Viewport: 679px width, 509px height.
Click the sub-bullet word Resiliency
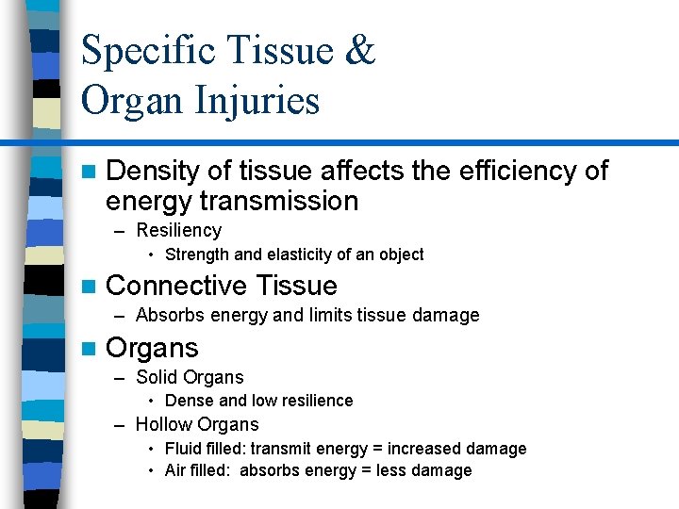[178, 230]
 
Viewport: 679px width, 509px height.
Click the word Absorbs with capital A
[169, 315]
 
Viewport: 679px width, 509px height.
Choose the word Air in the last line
[175, 470]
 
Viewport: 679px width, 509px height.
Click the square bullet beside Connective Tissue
[89, 287]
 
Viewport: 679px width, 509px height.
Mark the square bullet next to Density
[89, 172]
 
